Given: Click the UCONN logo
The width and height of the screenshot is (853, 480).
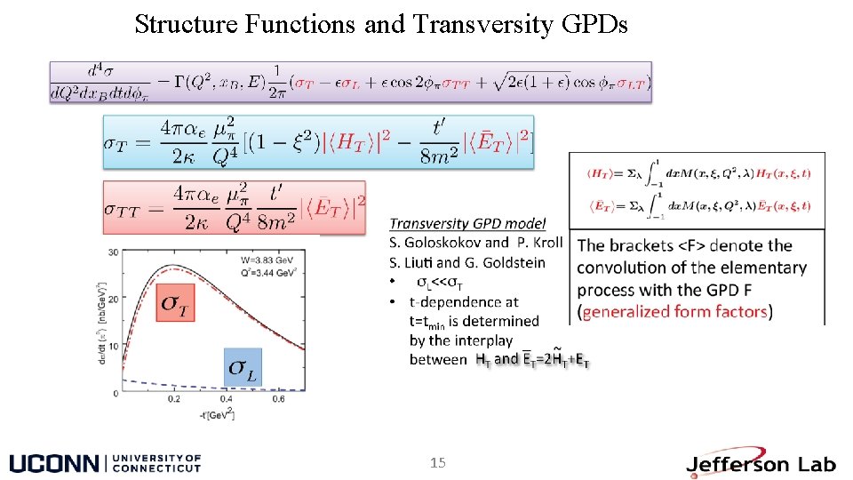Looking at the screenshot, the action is pos(105,462).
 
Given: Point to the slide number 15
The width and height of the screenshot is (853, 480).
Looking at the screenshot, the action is pos(437,462).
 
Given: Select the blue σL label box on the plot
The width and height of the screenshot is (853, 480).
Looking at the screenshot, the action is pos(242,367).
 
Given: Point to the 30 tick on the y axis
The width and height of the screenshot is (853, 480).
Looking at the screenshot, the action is pos(114,252).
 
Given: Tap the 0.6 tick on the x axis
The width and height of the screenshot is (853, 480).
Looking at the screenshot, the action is pos(278,399).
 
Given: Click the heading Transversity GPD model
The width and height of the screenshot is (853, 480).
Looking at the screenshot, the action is pos(467,224).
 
